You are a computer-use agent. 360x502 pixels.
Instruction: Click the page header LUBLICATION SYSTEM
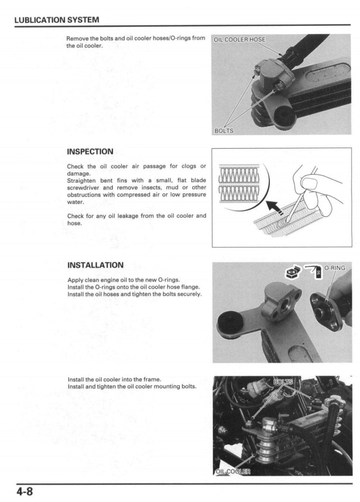tap(57, 20)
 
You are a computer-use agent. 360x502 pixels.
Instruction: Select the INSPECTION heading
tap(90, 151)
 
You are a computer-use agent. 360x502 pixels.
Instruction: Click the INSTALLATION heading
tap(95, 265)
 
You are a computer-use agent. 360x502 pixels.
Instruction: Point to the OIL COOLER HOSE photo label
tap(239, 40)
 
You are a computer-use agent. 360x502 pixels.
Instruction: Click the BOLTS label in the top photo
tap(224, 131)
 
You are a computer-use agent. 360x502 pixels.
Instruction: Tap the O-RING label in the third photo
tap(334, 268)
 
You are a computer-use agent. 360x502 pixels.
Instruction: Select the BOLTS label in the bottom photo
tap(283, 382)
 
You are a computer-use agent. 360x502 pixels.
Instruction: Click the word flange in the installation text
tap(190, 287)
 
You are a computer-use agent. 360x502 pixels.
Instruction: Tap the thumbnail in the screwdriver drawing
tap(310, 183)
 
